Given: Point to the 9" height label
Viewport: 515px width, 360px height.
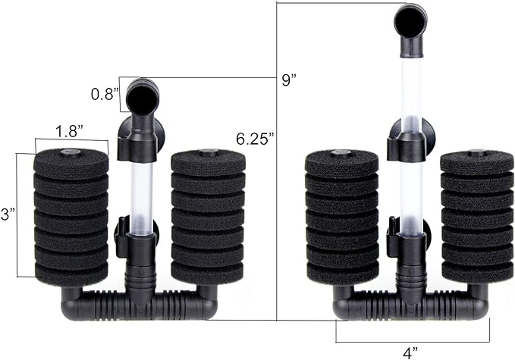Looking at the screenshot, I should [x=287, y=81].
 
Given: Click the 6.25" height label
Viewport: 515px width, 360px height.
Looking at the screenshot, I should [x=253, y=139].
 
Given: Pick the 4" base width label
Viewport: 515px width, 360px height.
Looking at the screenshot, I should [x=413, y=351].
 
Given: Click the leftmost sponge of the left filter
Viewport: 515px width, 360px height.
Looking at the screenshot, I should [x=71, y=216].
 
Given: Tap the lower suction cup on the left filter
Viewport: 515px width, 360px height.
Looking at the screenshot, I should [x=121, y=237].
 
